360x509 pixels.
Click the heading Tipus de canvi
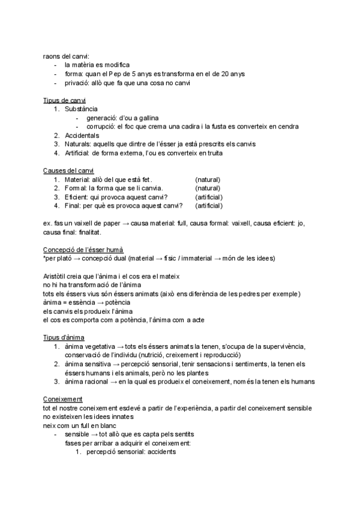[x=64, y=100]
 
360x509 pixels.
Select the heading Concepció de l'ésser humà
[x=84, y=249]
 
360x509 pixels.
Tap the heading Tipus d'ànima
[x=64, y=337]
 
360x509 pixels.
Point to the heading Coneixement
[x=63, y=399]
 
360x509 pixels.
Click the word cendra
[x=286, y=127]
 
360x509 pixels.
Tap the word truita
[x=212, y=153]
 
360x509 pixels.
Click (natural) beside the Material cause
[x=208, y=179]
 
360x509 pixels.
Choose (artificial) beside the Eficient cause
[x=209, y=197]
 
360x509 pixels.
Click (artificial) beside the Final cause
[x=209, y=206]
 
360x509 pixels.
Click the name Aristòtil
[x=56, y=276]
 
